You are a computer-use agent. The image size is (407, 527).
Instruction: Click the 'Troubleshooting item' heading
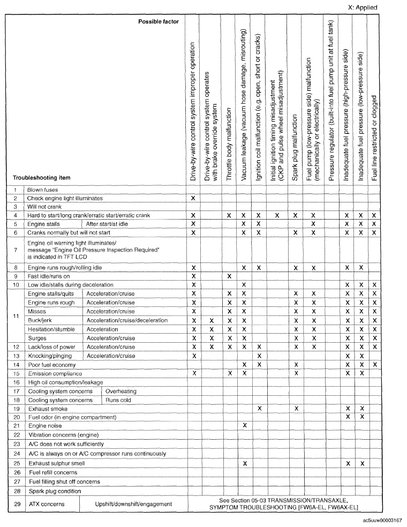[x=42, y=177]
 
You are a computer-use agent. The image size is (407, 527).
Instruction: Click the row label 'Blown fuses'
[x=42, y=190]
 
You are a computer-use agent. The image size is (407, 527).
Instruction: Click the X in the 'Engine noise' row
[x=244, y=425]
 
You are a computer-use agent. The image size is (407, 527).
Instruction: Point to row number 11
[x=16, y=316]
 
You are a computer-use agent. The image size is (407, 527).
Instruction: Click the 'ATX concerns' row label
[x=44, y=503]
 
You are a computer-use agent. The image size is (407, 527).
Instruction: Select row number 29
[x=16, y=503]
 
